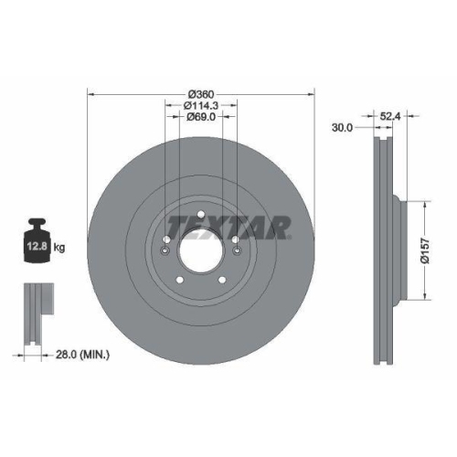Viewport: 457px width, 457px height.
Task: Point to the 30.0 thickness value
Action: coord(343,128)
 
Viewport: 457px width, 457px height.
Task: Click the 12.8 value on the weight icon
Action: coord(37,247)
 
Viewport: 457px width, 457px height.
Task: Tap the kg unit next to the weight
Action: coord(58,247)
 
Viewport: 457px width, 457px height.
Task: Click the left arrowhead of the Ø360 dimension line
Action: coord(90,94)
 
